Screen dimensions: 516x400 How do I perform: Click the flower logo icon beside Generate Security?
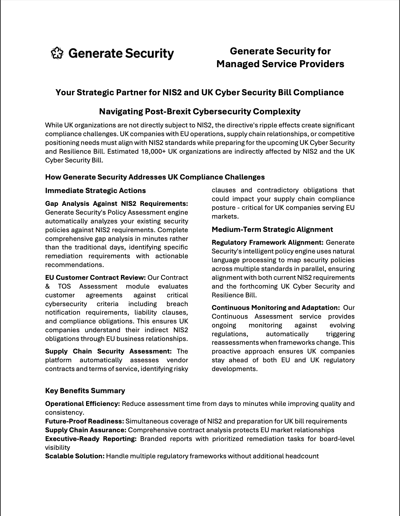pos(57,53)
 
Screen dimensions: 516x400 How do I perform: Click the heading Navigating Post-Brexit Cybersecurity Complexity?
pos(200,111)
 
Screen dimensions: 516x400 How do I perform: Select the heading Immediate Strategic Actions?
pos(95,191)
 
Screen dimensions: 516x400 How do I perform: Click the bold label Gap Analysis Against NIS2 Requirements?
pos(116,204)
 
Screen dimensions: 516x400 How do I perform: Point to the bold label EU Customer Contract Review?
pos(95,278)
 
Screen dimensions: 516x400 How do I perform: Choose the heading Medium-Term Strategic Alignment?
pos(272,229)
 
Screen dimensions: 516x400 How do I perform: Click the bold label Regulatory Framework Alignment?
pos(267,242)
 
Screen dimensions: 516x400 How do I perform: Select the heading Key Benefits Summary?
pos(85,391)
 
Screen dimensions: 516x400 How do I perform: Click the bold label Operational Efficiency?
pos(83,404)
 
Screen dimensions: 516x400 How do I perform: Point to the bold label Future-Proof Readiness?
pos(85,421)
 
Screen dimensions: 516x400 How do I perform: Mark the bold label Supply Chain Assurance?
pos(86,430)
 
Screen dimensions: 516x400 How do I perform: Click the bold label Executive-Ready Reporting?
pos(91,439)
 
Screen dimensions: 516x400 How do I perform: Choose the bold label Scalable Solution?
pos(75,456)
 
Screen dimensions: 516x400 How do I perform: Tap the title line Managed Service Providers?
pos(280,64)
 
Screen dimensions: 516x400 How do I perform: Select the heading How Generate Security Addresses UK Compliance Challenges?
pos(155,177)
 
